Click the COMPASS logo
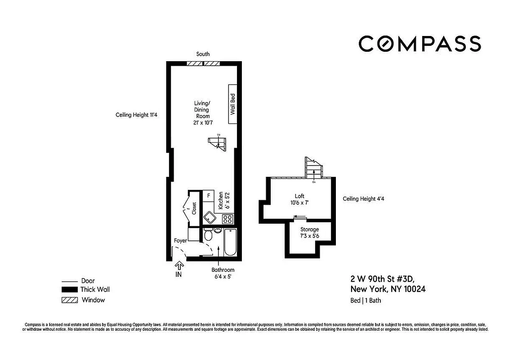tap(420, 44)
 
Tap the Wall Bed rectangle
tap(233, 104)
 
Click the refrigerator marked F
tap(209, 196)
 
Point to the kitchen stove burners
tap(228, 219)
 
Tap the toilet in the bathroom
tap(208, 235)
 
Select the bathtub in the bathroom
tap(230, 243)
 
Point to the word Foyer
tap(180, 241)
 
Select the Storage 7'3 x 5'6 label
tap(309, 233)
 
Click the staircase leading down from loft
tap(313, 168)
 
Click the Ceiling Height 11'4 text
tap(136, 115)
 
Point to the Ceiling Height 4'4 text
tap(362, 198)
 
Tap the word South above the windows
tap(203, 54)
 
